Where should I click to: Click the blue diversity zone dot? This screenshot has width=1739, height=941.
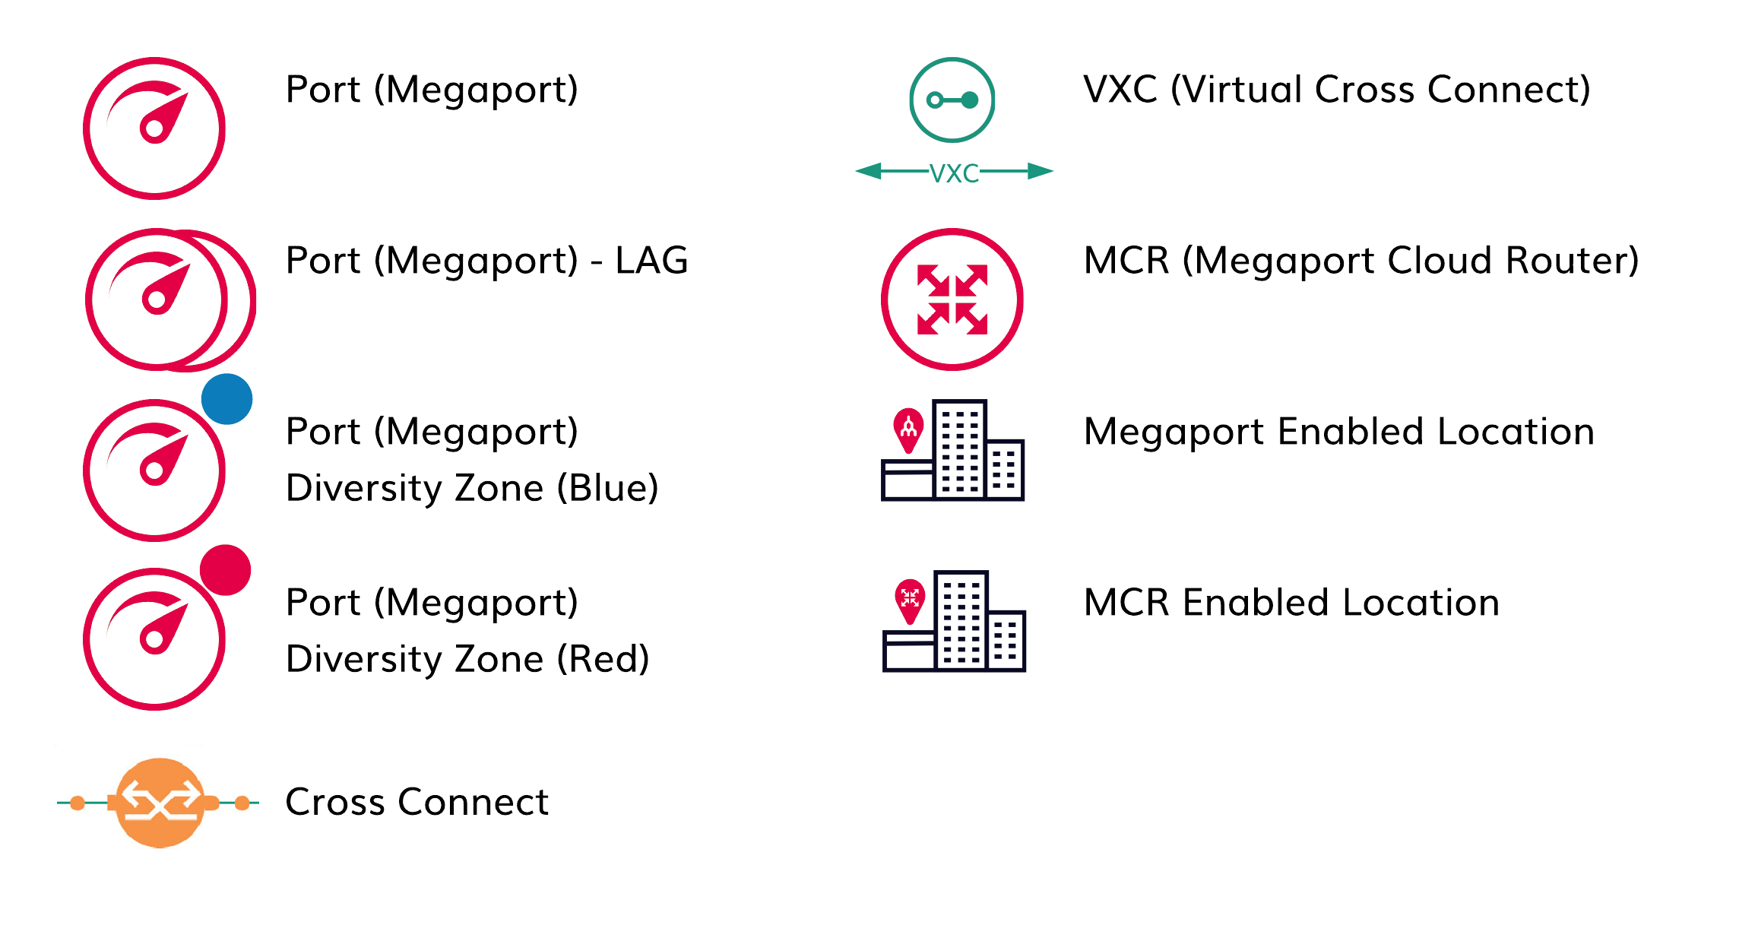[226, 399]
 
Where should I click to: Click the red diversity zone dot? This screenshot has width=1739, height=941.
[225, 570]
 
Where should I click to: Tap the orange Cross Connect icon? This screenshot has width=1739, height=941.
[160, 803]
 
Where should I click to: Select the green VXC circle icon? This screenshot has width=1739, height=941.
[952, 100]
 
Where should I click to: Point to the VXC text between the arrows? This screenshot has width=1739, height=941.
[954, 173]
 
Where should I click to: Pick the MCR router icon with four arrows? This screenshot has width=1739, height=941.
[952, 299]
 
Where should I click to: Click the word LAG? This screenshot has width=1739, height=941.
[651, 261]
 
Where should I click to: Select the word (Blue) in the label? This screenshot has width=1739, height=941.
[607, 488]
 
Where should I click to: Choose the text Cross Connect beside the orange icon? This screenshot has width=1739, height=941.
[417, 802]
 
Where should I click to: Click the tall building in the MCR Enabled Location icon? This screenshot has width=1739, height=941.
[961, 620]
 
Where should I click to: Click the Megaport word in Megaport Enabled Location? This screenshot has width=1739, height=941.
[1174, 432]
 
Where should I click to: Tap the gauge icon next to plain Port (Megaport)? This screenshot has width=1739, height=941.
[154, 128]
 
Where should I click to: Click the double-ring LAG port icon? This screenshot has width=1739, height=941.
[169, 299]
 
